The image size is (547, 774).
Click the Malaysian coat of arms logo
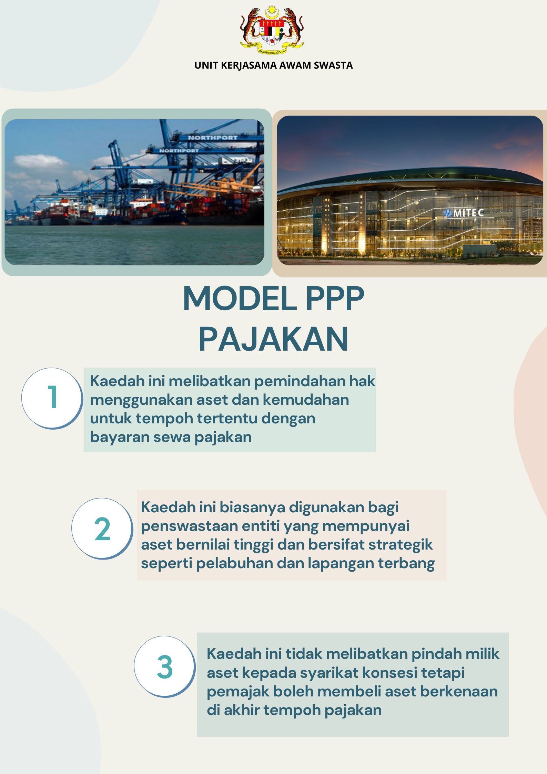272,30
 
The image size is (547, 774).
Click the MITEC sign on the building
464,213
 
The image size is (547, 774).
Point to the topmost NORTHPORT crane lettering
213,138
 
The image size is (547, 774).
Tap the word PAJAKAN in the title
273,339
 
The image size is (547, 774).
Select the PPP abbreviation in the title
335,299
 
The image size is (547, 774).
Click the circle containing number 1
52,398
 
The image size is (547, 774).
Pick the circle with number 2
102,529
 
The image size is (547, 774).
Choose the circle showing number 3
165,667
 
